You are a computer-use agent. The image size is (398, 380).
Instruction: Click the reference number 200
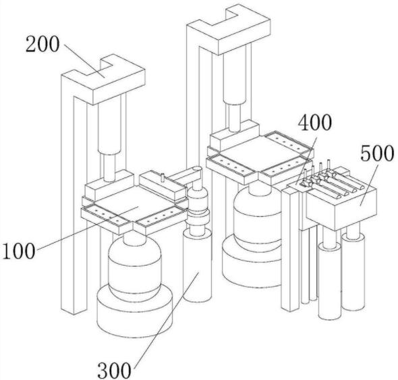tap(42, 44)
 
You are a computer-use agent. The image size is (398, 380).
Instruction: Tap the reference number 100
tap(18, 251)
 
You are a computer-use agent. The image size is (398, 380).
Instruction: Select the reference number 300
tap(115, 370)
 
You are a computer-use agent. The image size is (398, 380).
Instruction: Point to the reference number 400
tap(315, 123)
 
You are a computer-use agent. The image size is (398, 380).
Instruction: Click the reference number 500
tap(378, 153)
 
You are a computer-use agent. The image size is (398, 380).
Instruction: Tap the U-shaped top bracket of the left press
tap(104, 79)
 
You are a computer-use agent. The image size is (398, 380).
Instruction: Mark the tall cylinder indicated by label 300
tap(197, 264)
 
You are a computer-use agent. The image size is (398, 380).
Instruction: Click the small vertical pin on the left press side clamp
tap(163, 178)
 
